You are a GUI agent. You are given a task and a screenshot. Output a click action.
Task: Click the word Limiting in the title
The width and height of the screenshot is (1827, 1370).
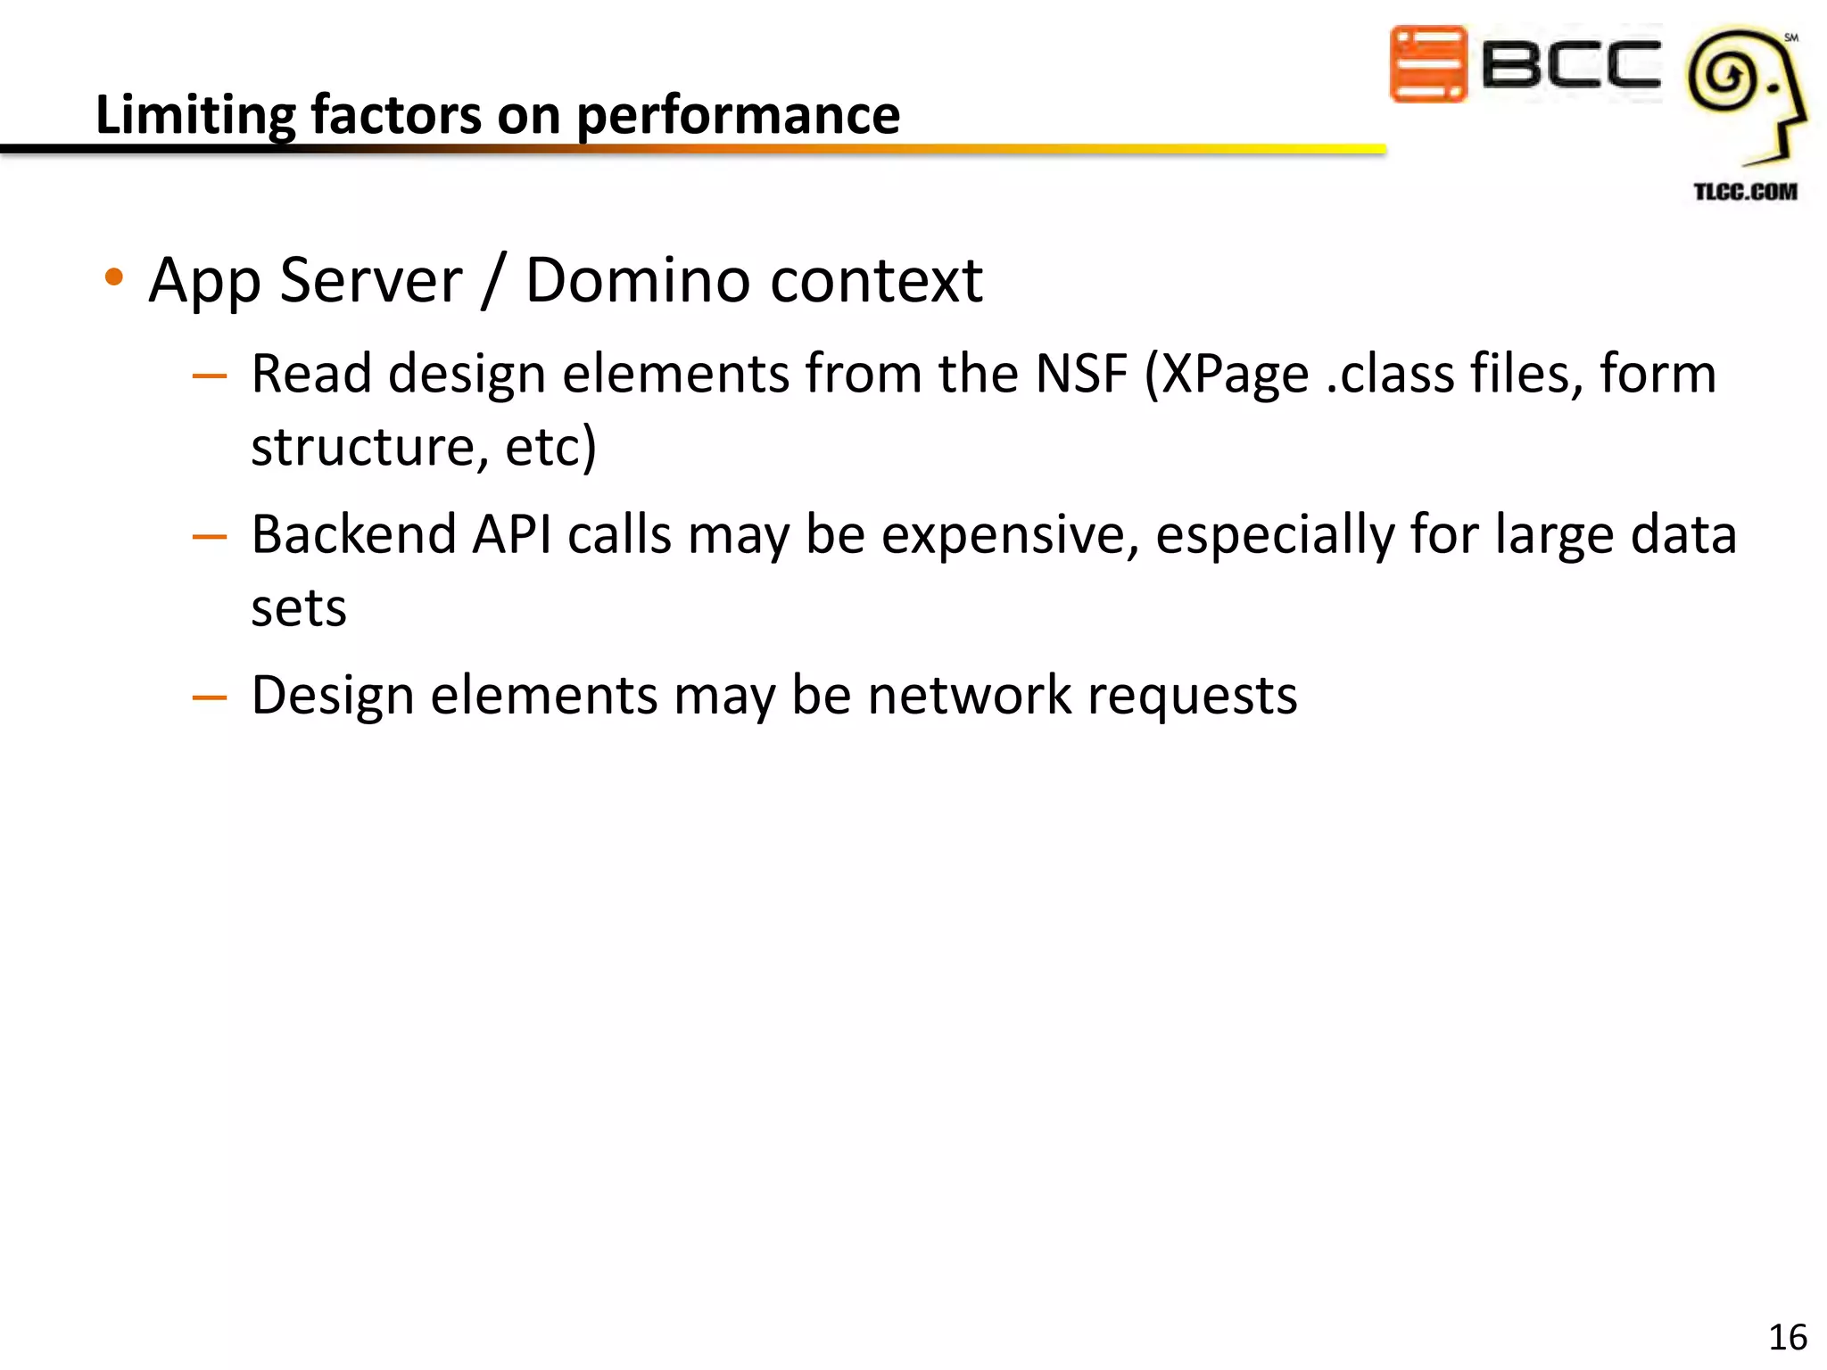coord(194,116)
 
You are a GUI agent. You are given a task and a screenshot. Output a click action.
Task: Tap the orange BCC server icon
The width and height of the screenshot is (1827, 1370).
coord(1427,64)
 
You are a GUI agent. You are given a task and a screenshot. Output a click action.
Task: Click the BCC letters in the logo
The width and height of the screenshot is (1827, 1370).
coord(1570,64)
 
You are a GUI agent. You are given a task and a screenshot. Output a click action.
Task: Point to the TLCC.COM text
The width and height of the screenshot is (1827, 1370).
coord(1745,192)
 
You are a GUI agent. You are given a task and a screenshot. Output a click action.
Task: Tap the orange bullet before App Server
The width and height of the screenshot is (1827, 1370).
coord(113,277)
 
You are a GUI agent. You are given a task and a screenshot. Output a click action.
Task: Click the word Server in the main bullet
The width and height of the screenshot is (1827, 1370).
coord(371,280)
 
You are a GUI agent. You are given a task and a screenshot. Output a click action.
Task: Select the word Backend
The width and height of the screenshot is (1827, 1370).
coord(354,534)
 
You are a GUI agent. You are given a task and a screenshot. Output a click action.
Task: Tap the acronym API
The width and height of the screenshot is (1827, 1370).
coord(511,534)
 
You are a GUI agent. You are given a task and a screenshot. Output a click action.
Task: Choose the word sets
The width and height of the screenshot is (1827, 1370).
coord(298,608)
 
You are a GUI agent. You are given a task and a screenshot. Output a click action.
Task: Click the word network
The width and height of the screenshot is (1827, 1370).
coord(969,695)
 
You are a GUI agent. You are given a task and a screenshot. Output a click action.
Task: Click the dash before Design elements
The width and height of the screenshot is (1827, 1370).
coord(210,697)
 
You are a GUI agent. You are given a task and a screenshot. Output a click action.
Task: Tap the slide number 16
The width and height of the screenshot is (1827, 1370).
coord(1787,1337)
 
